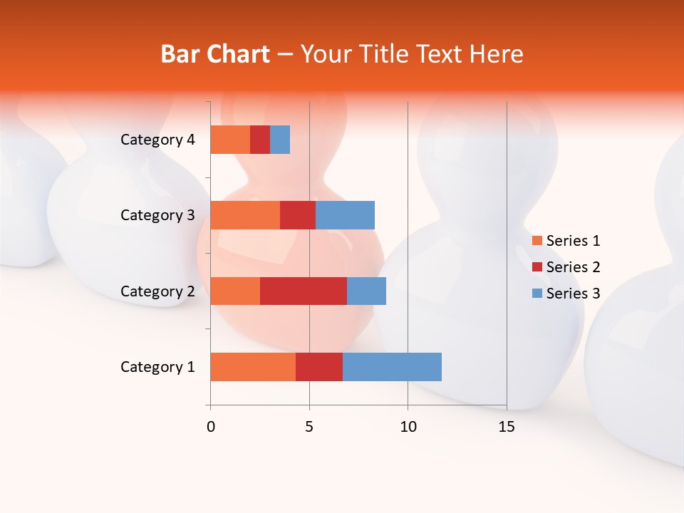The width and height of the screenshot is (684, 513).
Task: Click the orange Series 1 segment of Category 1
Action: click(253, 367)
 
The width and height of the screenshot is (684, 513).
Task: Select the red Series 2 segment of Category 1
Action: click(319, 367)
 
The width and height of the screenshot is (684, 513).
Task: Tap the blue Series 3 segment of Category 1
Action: click(392, 367)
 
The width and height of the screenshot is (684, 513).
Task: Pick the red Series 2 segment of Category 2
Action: click(304, 291)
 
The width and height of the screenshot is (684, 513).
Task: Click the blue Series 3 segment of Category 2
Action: click(366, 291)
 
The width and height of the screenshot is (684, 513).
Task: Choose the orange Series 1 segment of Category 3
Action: click(245, 215)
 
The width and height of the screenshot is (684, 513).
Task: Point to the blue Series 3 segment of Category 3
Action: click(345, 215)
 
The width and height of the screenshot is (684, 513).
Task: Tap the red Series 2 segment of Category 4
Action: click(260, 140)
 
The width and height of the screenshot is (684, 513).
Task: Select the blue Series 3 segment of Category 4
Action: click(280, 140)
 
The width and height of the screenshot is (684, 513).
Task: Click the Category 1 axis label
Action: click(157, 367)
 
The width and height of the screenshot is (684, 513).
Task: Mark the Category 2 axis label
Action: click(157, 291)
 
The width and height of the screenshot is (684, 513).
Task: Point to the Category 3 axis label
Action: click(157, 215)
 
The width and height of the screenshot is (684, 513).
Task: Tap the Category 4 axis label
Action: click(157, 140)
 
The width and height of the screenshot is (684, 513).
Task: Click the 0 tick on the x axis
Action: click(211, 427)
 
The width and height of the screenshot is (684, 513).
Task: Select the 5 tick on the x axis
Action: click(309, 427)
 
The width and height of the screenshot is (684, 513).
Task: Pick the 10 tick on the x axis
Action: click(408, 427)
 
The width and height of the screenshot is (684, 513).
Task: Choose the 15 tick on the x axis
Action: click(507, 427)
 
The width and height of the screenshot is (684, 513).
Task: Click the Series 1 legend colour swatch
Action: click(537, 241)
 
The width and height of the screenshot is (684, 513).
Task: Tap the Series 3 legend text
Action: click(573, 294)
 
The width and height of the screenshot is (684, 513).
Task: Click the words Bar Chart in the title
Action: click(215, 54)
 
